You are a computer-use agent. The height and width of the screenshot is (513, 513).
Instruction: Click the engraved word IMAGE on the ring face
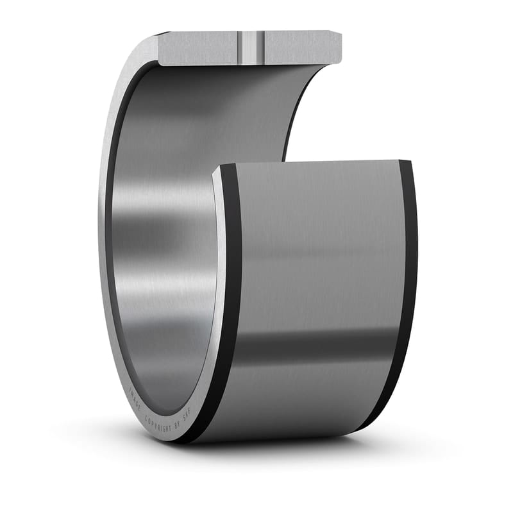(135, 398)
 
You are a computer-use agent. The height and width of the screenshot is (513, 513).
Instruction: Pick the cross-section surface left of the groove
(199, 48)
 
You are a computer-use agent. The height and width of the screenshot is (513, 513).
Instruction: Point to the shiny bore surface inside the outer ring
(160, 244)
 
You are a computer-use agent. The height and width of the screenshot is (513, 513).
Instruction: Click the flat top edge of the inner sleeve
(308, 162)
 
